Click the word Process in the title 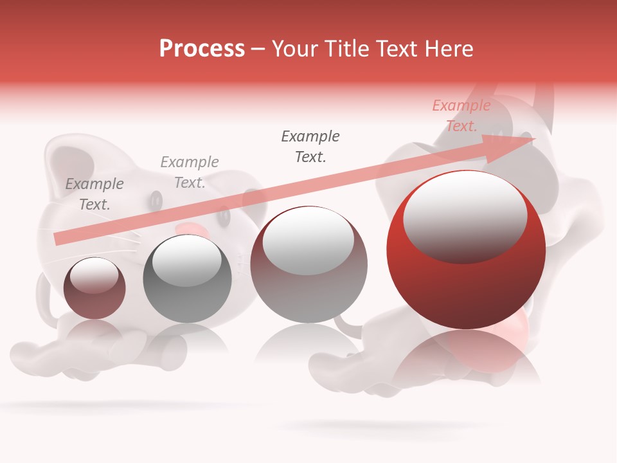coord(202,49)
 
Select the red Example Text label coord(461,116)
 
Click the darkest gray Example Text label coord(310,147)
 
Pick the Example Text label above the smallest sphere coord(94,194)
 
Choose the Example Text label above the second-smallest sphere coord(190,172)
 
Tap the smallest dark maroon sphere coord(94,299)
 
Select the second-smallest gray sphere coord(187,296)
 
